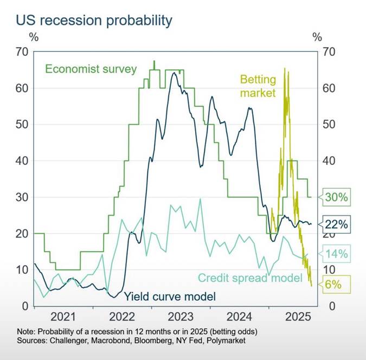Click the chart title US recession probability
click(94, 21)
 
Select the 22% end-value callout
click(338, 223)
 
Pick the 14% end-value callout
click(338, 253)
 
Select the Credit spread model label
click(249, 278)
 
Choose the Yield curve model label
click(170, 297)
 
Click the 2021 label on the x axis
click(64, 317)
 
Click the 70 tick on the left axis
click(22, 52)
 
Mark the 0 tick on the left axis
click(25, 306)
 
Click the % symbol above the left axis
click(34, 37)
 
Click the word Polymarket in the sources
click(223, 341)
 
